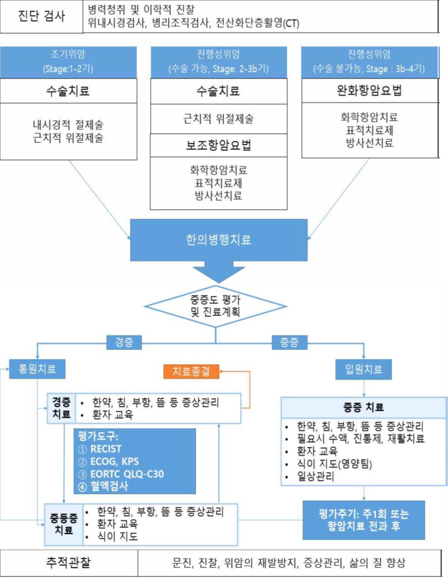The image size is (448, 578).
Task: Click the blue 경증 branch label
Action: (123, 343)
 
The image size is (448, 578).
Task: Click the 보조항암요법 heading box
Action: (218, 146)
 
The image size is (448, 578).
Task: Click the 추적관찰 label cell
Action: (69, 563)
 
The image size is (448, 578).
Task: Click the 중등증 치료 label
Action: (63, 523)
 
